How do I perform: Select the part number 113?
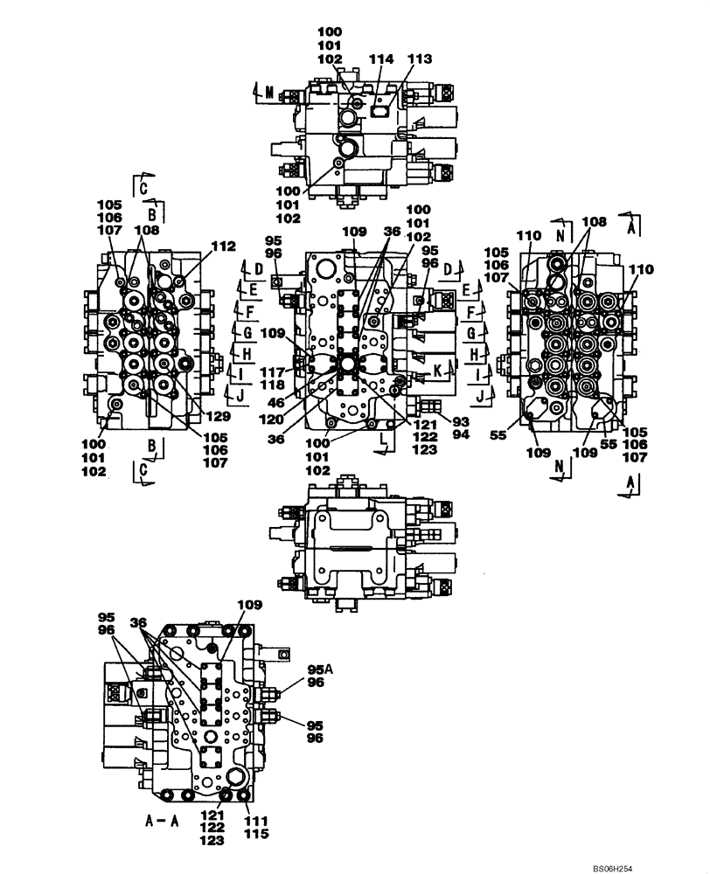[x=420, y=59]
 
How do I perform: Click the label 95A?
[x=319, y=670]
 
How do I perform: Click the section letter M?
[x=269, y=90]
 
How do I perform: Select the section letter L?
[x=383, y=447]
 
